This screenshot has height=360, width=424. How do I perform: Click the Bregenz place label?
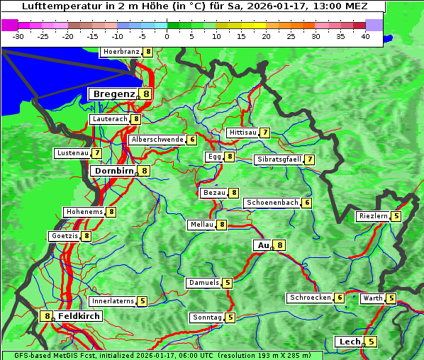[x=113, y=94]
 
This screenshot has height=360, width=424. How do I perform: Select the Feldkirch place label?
[x=79, y=316]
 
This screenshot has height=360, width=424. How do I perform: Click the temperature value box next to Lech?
[x=371, y=342]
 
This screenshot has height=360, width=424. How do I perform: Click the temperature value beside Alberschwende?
[x=192, y=140]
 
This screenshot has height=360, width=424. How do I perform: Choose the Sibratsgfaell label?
[x=279, y=159]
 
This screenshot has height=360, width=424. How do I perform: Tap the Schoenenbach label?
[x=272, y=203]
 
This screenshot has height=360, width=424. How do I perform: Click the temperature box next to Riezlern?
[x=396, y=216]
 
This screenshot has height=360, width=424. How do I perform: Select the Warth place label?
[x=372, y=298]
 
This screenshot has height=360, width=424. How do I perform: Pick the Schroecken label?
[x=310, y=298]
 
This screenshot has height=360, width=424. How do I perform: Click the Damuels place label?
[x=203, y=283]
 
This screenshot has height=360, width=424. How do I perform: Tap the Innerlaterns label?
[x=113, y=301]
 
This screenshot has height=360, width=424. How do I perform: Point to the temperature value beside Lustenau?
[x=96, y=153]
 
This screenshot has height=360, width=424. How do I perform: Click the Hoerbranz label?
[x=121, y=52]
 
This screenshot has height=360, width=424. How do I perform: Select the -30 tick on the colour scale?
[x=18, y=35]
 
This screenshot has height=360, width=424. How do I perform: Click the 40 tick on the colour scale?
[x=365, y=35]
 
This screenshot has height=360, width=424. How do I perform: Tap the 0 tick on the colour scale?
[x=167, y=35]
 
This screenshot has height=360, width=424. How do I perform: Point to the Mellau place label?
[x=201, y=225]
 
